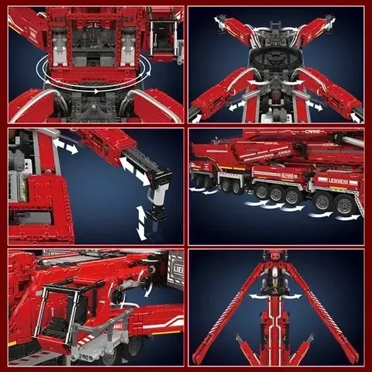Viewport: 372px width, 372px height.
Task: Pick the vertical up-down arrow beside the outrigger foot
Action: (x=141, y=222)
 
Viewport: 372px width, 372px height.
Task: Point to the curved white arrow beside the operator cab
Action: (x=147, y=289)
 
